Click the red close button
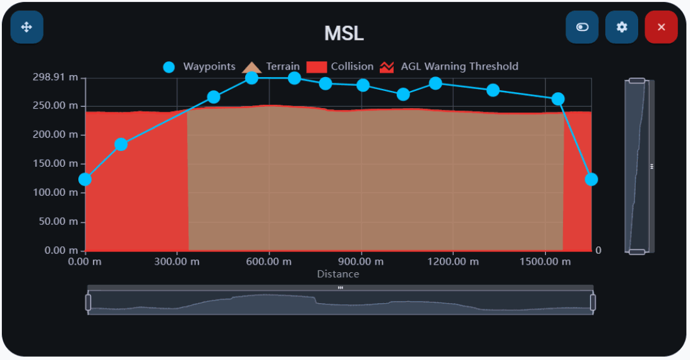[x=661, y=27]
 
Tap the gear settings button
[x=622, y=27]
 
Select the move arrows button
[x=27, y=27]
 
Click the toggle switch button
[x=582, y=27]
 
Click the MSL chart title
[x=344, y=33]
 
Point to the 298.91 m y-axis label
[x=56, y=77]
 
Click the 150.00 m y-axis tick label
[x=56, y=164]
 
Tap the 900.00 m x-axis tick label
[x=361, y=261]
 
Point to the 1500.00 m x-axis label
[x=545, y=261]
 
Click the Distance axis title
[x=338, y=274]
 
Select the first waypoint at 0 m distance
[x=85, y=179]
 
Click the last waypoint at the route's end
[x=591, y=179]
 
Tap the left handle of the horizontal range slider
[x=88, y=302]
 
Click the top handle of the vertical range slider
[x=637, y=80]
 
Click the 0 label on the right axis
[x=598, y=251]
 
